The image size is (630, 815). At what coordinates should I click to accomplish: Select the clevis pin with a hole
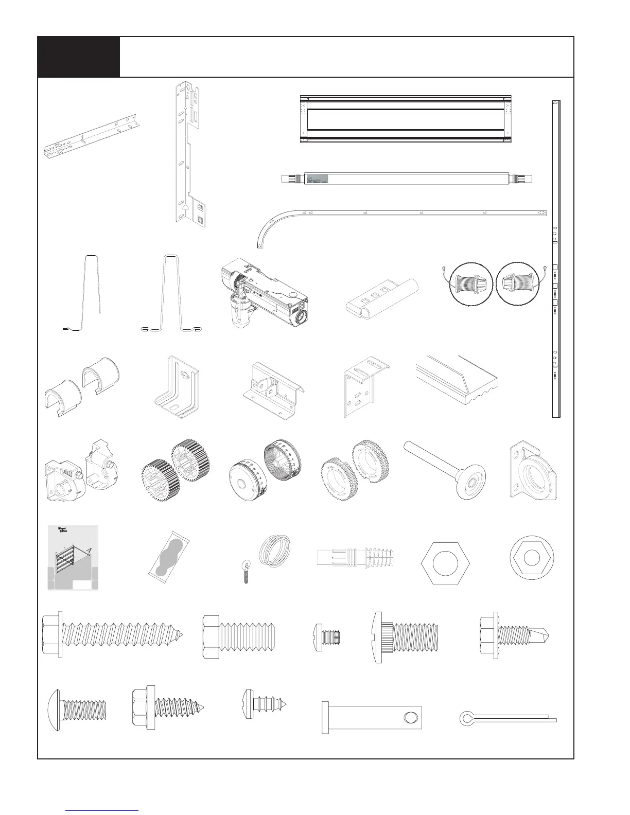372,719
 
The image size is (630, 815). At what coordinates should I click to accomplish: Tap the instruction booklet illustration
73,558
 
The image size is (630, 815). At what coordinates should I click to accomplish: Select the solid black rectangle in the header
79,57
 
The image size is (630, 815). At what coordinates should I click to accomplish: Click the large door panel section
407,119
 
